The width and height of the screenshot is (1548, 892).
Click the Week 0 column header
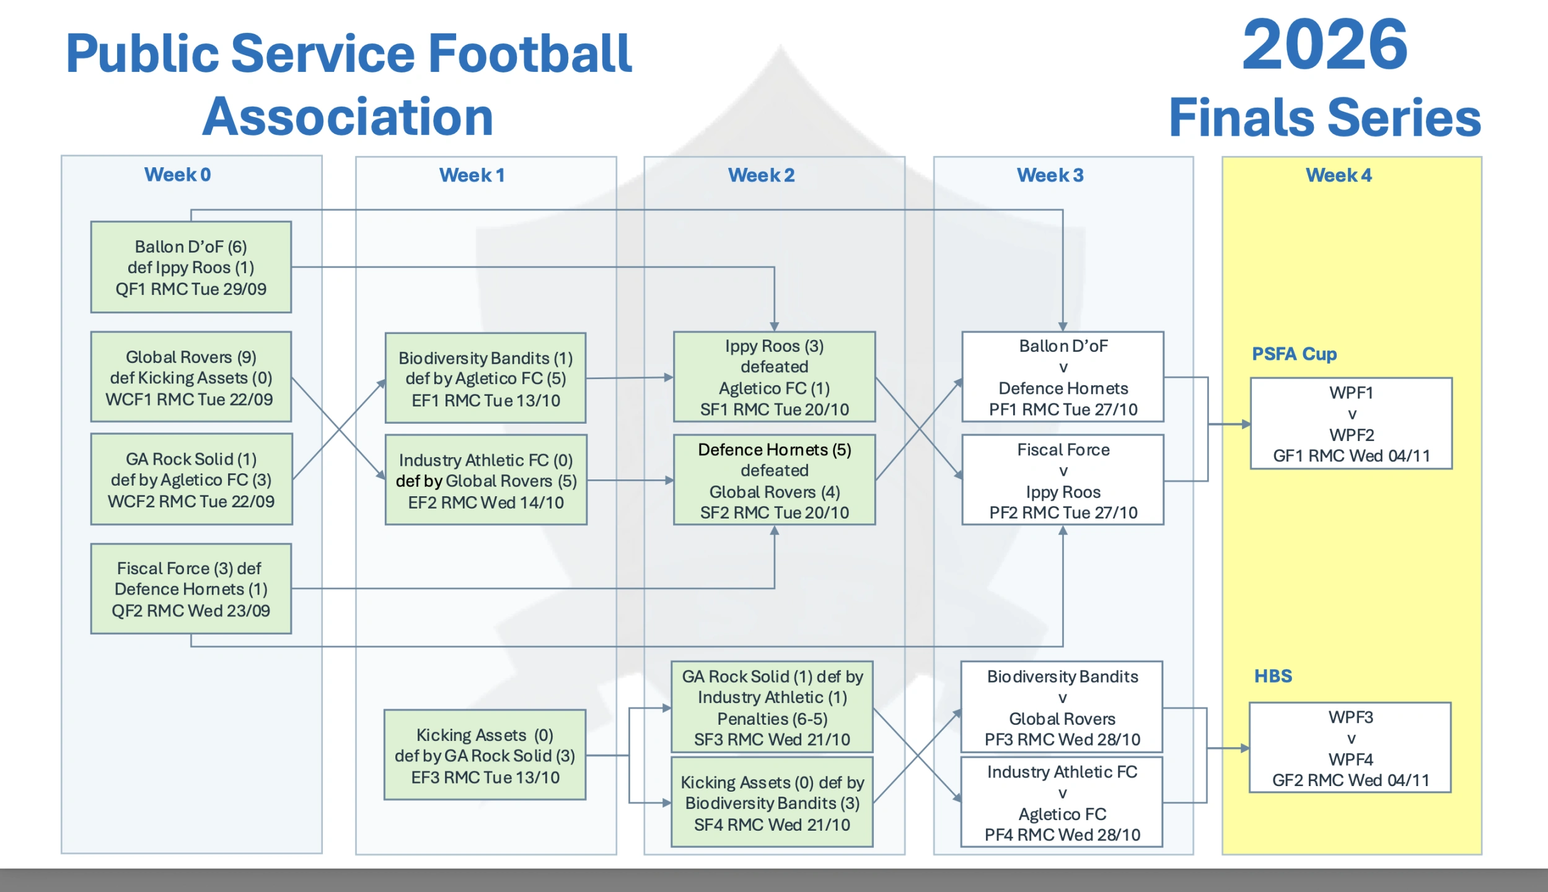tap(178, 175)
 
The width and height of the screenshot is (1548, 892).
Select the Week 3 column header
tap(1050, 175)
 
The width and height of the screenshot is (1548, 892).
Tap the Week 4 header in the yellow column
tap(1339, 175)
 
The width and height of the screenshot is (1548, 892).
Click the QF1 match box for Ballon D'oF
tap(191, 267)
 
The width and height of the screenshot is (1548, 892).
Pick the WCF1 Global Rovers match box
tap(191, 377)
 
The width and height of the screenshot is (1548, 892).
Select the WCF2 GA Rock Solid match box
tap(191, 479)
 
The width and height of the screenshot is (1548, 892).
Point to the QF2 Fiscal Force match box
tap(191, 588)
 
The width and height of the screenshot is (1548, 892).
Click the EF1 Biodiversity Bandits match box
tap(485, 378)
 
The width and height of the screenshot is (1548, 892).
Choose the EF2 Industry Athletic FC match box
tap(486, 480)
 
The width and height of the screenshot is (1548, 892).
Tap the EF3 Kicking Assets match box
tap(485, 755)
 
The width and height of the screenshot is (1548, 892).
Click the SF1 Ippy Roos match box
tap(775, 377)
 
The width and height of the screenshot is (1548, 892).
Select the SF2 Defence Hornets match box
tap(775, 480)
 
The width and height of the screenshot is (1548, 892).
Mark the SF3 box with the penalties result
tap(772, 707)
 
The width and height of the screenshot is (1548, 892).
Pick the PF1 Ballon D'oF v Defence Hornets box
tap(1063, 377)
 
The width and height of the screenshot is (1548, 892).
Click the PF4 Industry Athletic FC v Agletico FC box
tap(1062, 802)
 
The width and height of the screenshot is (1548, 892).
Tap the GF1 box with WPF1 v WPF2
tap(1352, 424)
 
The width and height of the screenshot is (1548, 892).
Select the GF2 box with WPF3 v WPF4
tap(1350, 748)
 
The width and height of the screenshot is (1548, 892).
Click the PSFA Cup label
tap(1295, 354)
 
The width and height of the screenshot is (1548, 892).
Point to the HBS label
tap(1273, 676)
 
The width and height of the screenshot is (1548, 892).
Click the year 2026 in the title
tap(1326, 45)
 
